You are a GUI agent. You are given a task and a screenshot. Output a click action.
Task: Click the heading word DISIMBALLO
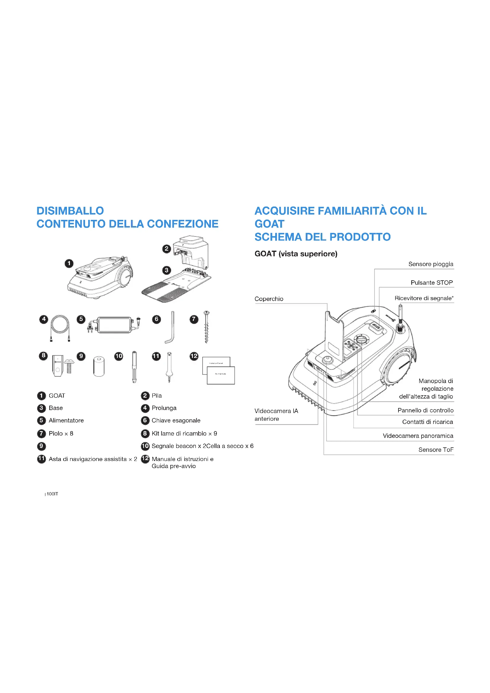tap(70, 211)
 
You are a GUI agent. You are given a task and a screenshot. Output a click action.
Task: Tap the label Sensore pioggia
tap(430, 264)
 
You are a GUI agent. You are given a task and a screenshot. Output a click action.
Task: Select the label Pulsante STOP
tap(431, 283)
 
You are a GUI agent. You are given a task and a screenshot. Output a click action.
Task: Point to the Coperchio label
tap(269, 299)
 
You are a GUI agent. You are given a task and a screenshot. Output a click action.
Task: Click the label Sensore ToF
tap(436, 450)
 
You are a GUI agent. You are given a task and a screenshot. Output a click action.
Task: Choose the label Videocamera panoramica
tap(418, 436)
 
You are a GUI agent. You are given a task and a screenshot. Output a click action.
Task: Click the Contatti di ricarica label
tap(427, 422)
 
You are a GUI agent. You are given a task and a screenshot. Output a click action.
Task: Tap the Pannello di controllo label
tap(425, 410)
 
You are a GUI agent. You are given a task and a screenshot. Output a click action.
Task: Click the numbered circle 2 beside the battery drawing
tap(166, 249)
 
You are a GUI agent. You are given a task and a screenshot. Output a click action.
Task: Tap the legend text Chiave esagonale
tap(176, 420)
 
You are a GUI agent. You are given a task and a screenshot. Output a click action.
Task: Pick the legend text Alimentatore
tap(66, 420)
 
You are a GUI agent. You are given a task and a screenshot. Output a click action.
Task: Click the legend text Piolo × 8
tap(61, 433)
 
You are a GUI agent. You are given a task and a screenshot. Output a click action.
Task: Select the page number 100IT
tap(52, 494)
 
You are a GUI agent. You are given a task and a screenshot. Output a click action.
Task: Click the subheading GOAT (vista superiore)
tap(296, 254)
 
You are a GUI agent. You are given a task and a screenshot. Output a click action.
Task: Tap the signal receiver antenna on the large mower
tap(401, 317)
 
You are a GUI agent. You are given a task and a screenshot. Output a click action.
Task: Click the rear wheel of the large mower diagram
tap(398, 368)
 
